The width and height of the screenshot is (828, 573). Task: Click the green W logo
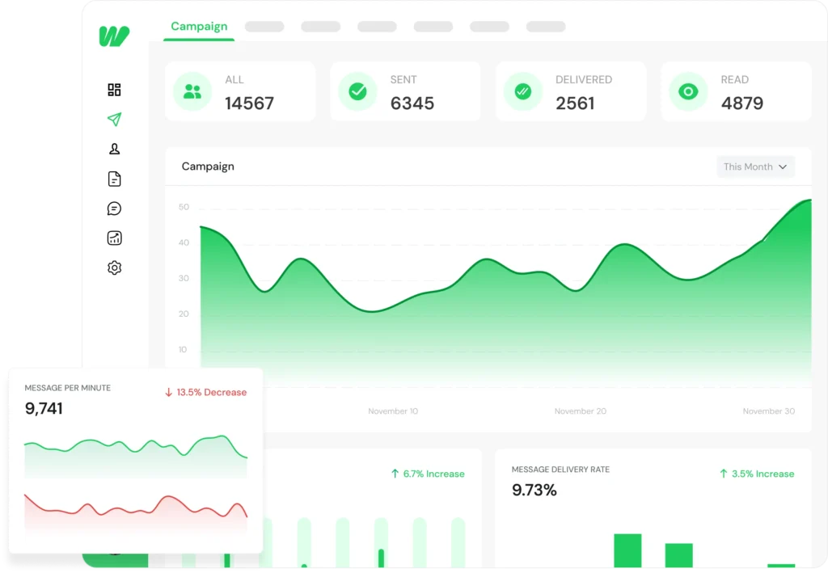point(114,36)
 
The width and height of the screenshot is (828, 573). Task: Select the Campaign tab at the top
point(199,27)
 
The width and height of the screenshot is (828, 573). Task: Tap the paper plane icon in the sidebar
point(114,120)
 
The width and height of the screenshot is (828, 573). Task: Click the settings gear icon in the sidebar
point(114,268)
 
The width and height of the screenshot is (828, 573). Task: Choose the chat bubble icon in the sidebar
point(114,209)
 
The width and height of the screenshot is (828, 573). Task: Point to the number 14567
point(249,103)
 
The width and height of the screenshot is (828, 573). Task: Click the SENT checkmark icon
point(357,91)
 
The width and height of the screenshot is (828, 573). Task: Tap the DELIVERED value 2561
point(575,103)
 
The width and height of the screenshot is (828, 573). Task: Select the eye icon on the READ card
point(688,91)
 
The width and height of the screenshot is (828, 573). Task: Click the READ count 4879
point(741,103)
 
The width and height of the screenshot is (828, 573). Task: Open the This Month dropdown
point(755,166)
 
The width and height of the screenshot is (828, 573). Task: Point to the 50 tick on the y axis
point(184,207)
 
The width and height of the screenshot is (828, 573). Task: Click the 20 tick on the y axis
point(184,314)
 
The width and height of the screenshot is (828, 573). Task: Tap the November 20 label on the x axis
point(580,411)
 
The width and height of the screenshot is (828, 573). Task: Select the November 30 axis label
point(768,411)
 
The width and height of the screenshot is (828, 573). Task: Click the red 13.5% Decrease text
point(205,393)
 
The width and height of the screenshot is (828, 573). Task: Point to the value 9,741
point(44,409)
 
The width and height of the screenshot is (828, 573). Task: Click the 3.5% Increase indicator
point(757,474)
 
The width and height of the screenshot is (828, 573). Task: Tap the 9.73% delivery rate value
point(534,490)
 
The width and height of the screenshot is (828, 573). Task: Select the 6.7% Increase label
point(428,474)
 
